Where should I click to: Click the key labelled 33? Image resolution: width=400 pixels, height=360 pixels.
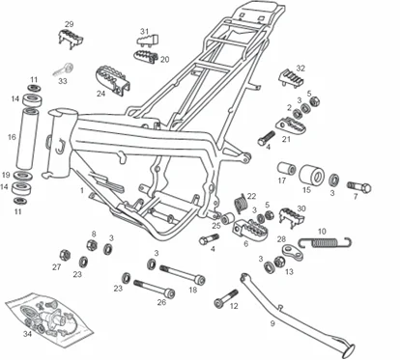pyautogui.click(x=64, y=69)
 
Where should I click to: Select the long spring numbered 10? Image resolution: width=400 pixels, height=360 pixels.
pyautogui.click(x=325, y=242)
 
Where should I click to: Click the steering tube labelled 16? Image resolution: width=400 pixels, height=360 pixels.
pyautogui.click(x=27, y=138)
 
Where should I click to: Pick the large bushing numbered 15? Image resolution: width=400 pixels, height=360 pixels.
pyautogui.click(x=312, y=175)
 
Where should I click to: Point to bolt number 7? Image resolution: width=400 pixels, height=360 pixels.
pyautogui.click(x=359, y=187)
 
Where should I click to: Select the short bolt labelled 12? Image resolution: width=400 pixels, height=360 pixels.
pyautogui.click(x=226, y=298)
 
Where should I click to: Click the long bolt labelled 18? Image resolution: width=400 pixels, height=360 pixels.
pyautogui.click(x=183, y=274)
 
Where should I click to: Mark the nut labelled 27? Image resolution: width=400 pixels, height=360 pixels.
pyautogui.click(x=66, y=255)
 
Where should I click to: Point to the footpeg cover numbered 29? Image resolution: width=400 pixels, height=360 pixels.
pyautogui.click(x=71, y=39)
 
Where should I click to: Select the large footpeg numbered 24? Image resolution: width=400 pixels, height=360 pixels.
pyautogui.click(x=112, y=80)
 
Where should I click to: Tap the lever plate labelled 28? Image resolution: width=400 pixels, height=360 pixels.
pyautogui.click(x=293, y=252)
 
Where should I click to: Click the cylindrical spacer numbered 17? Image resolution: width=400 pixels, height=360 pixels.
pyautogui.click(x=287, y=169)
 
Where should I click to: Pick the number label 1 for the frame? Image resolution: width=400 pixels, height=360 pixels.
pyautogui.click(x=82, y=190)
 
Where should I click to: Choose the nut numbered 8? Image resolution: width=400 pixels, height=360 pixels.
pyautogui.click(x=92, y=245)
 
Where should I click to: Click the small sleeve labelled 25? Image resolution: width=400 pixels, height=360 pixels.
pyautogui.click(x=227, y=218)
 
